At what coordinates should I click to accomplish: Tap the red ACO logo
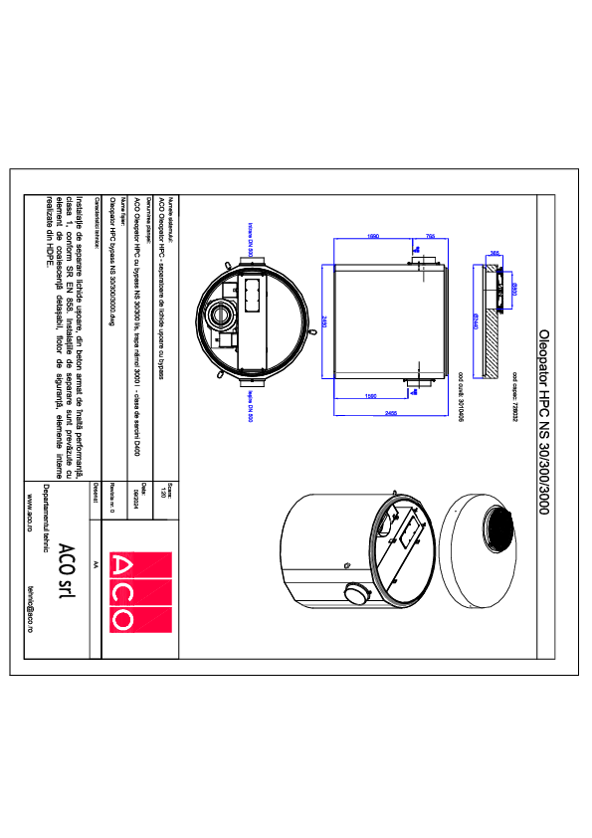tap(125, 591)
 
